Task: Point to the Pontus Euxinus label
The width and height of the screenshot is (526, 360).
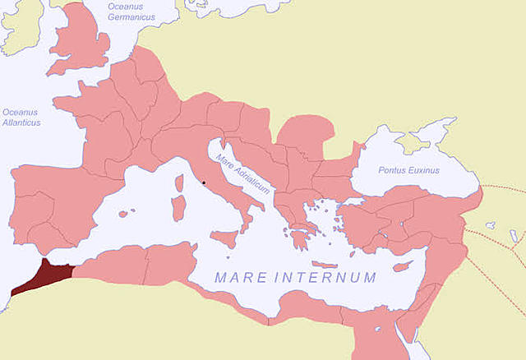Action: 408,170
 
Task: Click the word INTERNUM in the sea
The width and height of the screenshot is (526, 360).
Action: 329,278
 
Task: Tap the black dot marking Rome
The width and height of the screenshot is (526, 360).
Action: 203,182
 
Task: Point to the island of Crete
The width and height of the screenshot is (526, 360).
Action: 325,265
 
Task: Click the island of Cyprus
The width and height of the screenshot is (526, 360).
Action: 402,266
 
